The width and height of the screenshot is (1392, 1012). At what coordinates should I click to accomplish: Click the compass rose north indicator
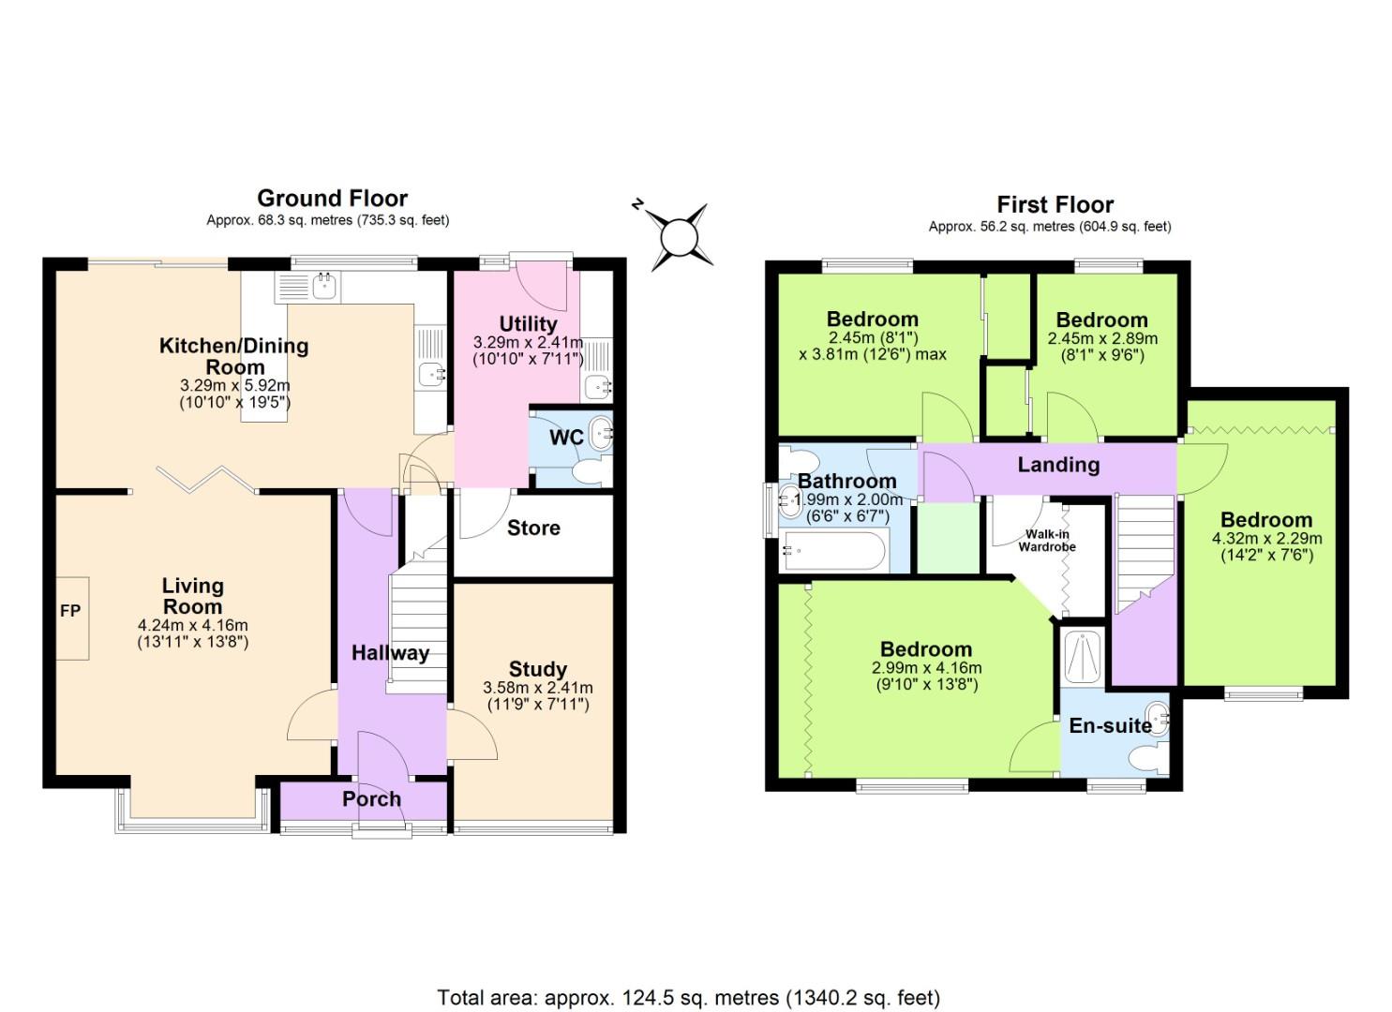click(x=681, y=236)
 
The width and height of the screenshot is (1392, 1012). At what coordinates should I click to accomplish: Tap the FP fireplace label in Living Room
click(x=70, y=611)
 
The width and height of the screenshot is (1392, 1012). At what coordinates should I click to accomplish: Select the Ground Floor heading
click(x=332, y=199)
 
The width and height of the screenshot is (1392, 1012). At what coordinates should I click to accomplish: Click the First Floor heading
click(x=1055, y=204)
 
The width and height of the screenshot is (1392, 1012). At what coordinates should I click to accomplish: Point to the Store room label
click(x=533, y=528)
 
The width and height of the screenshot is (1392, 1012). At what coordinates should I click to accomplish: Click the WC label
click(x=566, y=438)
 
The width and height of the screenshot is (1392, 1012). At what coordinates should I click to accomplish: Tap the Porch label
click(x=371, y=799)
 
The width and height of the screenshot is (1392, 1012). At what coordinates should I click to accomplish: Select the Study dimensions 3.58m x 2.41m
click(x=537, y=688)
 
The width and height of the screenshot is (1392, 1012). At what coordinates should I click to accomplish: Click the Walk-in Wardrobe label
click(x=1047, y=541)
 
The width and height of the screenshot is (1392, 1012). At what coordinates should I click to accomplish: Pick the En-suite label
click(x=1110, y=725)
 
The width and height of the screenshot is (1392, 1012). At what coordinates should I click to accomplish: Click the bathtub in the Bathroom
click(x=832, y=551)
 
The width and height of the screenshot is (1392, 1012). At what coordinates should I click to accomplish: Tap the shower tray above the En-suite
click(x=1084, y=657)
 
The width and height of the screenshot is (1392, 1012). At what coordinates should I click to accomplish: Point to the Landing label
click(x=1058, y=465)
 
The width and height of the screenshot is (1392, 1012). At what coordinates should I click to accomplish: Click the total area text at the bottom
click(x=688, y=997)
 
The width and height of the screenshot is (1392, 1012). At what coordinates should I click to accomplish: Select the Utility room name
click(x=528, y=324)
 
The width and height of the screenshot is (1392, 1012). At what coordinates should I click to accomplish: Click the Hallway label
click(x=390, y=653)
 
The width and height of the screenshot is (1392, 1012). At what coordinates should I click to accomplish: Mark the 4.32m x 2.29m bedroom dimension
click(x=1266, y=539)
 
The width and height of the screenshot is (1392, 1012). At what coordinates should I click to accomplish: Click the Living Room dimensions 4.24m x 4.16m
click(x=192, y=626)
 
